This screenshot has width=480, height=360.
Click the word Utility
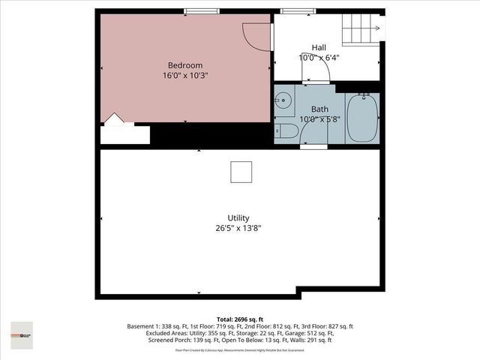[238, 217]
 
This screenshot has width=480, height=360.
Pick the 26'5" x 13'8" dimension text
[238, 228]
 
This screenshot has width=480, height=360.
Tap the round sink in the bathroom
[283, 100]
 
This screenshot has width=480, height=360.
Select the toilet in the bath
[286, 133]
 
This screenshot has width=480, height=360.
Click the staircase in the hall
[361, 29]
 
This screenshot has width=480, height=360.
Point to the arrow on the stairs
[379, 29]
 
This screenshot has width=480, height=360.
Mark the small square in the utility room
[241, 172]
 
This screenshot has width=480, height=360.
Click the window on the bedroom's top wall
[202, 10]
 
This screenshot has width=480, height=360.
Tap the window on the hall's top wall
[292, 10]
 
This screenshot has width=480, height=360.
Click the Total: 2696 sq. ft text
[240, 319]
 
